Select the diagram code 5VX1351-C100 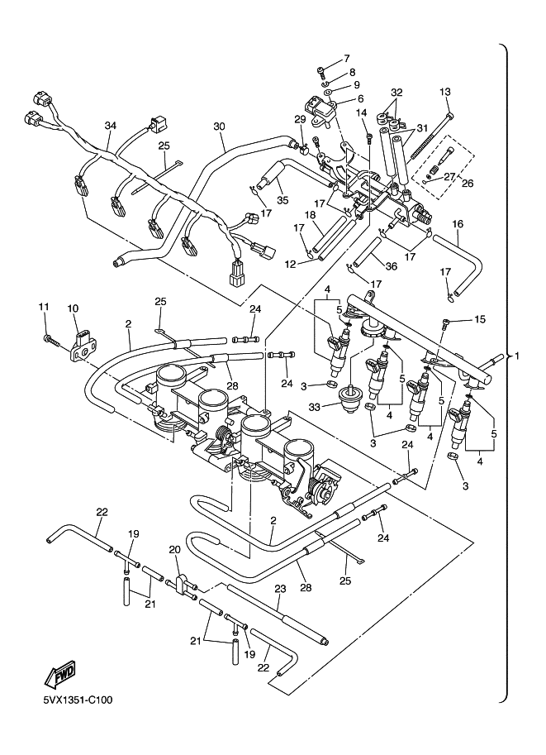78,700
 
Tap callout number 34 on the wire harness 111,126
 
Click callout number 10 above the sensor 72,308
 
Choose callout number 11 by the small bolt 43,308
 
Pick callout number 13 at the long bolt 445,91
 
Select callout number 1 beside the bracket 518,356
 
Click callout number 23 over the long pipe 279,589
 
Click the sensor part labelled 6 320,108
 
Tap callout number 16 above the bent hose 457,224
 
